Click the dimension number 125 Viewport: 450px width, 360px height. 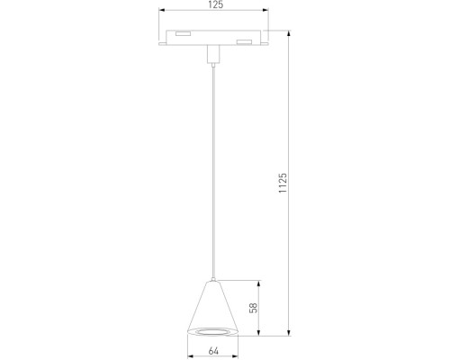point(213,8)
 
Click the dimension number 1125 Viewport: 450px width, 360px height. point(283,184)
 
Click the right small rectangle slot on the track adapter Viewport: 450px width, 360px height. point(242,41)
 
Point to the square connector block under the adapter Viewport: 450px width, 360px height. point(213,55)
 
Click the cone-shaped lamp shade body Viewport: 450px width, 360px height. point(213,306)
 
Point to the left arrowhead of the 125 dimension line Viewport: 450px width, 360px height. point(163,15)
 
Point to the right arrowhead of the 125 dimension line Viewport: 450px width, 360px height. point(265,15)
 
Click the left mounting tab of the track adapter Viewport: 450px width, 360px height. point(161,41)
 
